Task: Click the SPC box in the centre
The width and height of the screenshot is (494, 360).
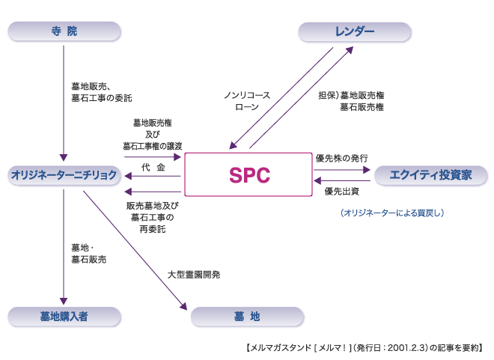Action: pyautogui.click(x=248, y=175)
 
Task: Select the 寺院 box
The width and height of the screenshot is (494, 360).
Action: pyautogui.click(x=64, y=31)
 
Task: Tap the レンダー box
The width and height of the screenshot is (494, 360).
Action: pyautogui.click(x=354, y=31)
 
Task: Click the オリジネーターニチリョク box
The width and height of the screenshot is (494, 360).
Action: pyautogui.click(x=64, y=175)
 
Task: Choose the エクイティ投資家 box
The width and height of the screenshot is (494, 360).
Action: pyautogui.click(x=430, y=175)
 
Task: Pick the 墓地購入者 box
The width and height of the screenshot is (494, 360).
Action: pyautogui.click(x=64, y=316)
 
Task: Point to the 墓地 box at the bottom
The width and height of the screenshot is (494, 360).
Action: pyautogui.click(x=246, y=316)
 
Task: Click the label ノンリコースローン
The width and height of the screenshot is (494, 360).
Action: pyautogui.click(x=247, y=101)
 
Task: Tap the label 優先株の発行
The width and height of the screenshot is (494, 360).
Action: pyautogui.click(x=341, y=158)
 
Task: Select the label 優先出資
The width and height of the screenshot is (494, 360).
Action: pyautogui.click(x=341, y=192)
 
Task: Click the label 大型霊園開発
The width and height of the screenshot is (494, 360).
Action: pyautogui.click(x=194, y=275)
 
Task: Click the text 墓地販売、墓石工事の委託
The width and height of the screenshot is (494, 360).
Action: pyautogui.click(x=102, y=91)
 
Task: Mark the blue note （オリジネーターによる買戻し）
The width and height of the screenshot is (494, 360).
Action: pyautogui.click(x=392, y=213)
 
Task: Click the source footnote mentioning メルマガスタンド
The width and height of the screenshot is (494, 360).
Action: pyautogui.click(x=364, y=347)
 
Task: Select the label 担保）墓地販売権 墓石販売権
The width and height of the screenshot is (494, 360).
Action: pyautogui.click(x=351, y=101)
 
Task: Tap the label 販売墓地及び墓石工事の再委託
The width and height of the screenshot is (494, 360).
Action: pyautogui.click(x=153, y=216)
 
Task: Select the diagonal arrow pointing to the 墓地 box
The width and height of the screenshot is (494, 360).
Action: pyautogui.click(x=135, y=250)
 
